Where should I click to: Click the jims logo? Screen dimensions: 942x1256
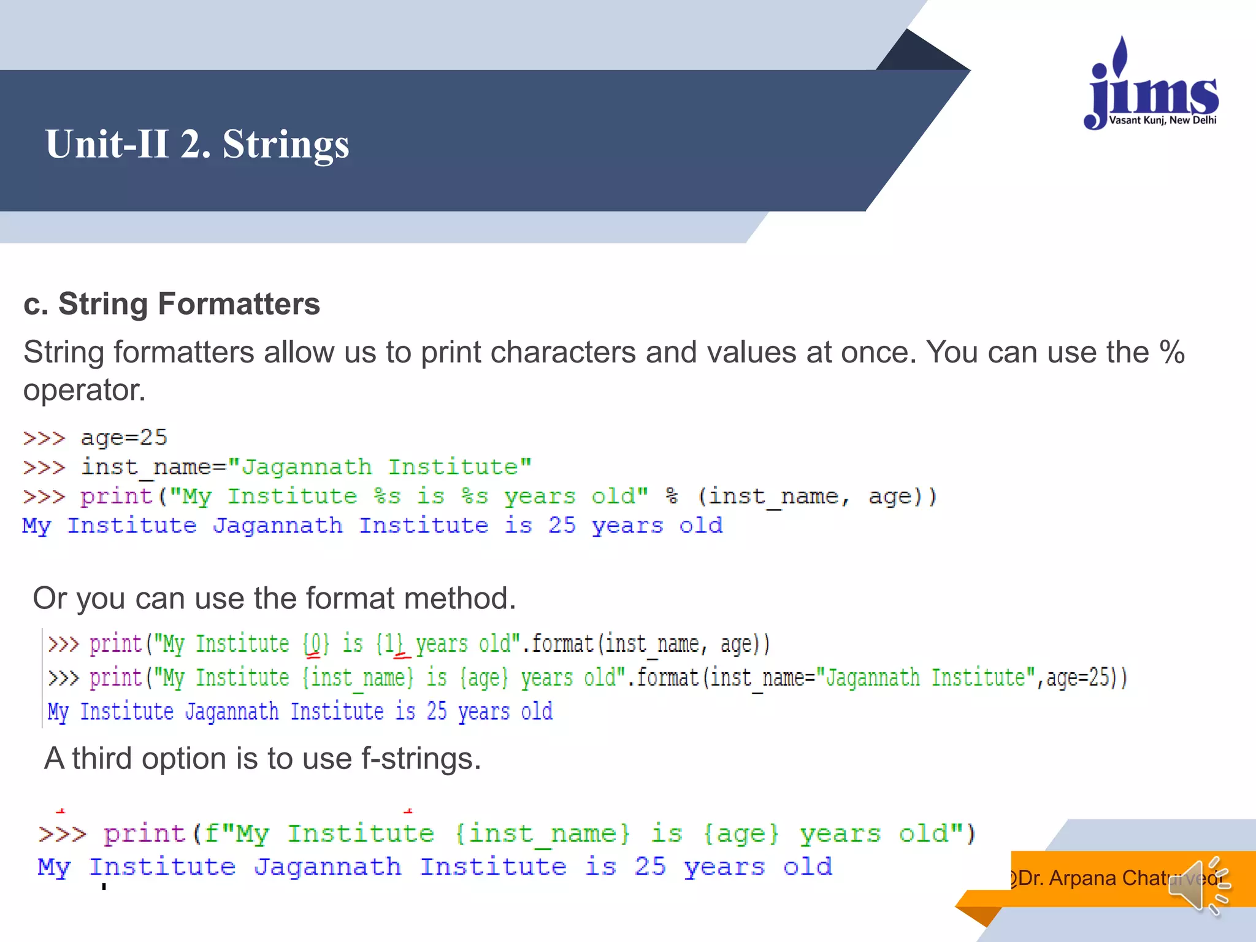pos(1152,86)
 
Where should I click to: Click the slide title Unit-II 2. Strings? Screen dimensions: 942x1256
pos(197,144)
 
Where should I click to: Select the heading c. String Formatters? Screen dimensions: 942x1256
pos(172,304)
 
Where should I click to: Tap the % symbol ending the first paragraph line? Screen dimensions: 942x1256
pos(1171,353)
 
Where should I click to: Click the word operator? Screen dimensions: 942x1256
pos(84,390)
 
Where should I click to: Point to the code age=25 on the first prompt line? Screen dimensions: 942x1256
pos(124,438)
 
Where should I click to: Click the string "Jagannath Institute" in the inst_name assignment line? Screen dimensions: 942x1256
pos(380,467)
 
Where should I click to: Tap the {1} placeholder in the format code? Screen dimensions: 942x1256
pos(390,644)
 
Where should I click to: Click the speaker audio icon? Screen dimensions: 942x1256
pos(1198,887)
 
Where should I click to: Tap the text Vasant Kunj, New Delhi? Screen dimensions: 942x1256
pos(1163,120)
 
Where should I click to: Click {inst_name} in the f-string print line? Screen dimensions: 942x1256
pos(543,834)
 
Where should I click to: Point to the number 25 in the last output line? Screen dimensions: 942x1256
pos(650,867)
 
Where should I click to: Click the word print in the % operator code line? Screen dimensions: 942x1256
pos(117,496)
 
